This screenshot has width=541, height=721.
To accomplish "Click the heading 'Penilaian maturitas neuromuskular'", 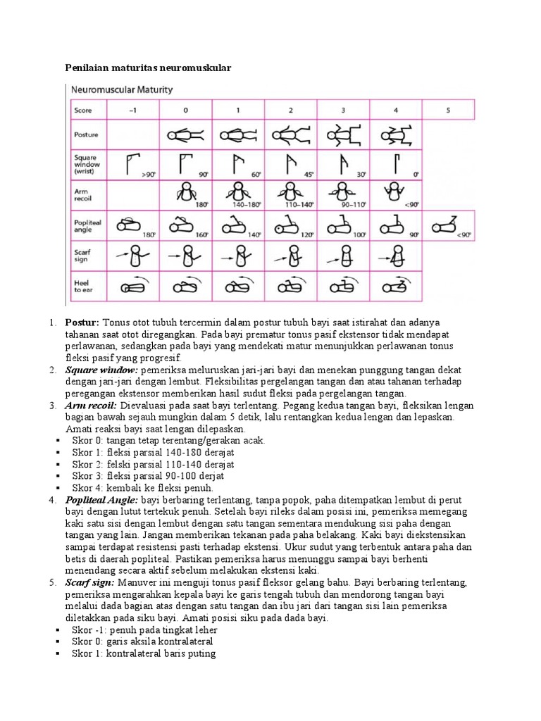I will [x=148, y=68].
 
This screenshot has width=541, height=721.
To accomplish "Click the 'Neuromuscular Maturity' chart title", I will [x=120, y=90].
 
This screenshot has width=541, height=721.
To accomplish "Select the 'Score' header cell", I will [x=83, y=110].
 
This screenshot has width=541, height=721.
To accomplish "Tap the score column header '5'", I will [x=449, y=110].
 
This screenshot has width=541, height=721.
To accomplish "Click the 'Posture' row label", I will [x=86, y=134].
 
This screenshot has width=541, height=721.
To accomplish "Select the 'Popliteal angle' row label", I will [x=87, y=225].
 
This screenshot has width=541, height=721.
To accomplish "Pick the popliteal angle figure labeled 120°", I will [x=287, y=227].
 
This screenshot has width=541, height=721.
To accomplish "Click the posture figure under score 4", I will [x=394, y=134].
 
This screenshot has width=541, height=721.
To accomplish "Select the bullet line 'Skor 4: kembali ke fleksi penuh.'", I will [x=142, y=487].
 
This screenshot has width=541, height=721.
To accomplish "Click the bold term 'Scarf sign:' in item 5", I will [x=91, y=583].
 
